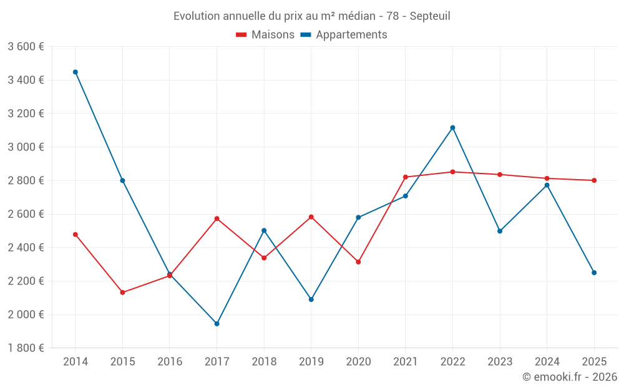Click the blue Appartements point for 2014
76,72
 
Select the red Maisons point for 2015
122,293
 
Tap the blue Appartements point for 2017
217,323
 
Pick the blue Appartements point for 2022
452,128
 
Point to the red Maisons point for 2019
311,217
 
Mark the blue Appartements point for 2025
594,273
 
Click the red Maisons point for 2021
406,177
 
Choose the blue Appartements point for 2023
500,231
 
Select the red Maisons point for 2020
358,262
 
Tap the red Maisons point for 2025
594,180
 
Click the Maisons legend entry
265,34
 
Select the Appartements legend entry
344,34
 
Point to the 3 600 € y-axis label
26,47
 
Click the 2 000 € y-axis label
26,314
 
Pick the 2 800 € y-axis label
26,180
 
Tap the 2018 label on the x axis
264,361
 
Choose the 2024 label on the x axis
547,361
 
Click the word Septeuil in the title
430,16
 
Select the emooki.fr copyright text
570,376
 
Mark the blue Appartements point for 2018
264,230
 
